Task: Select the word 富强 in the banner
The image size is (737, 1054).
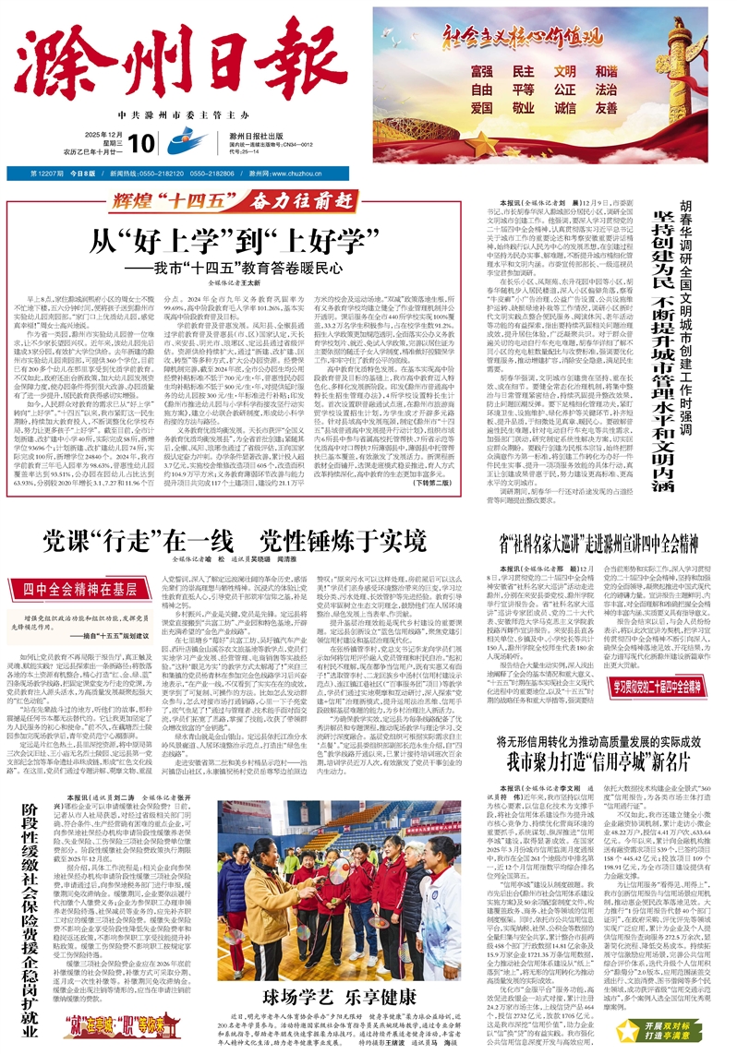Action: coord(481,71)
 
